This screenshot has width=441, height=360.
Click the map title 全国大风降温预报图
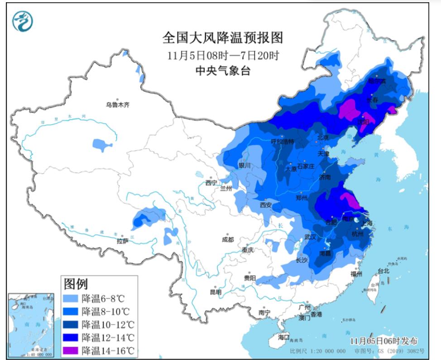tap(222, 38)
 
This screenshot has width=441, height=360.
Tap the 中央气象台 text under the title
tap(222, 71)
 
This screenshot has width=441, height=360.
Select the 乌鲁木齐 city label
tap(118, 105)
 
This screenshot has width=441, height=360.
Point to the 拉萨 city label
tap(123, 241)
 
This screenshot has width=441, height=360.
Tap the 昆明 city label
tap(216, 292)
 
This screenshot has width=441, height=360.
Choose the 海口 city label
tap(283, 337)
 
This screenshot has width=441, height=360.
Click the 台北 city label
tap(383, 271)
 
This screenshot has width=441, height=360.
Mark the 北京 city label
tap(322, 137)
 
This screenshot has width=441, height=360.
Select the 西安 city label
tap(265, 205)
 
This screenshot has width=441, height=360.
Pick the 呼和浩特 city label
tap(282, 142)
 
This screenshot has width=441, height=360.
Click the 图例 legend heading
tap(76, 284)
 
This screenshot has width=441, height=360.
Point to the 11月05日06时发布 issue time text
tap(383, 341)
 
